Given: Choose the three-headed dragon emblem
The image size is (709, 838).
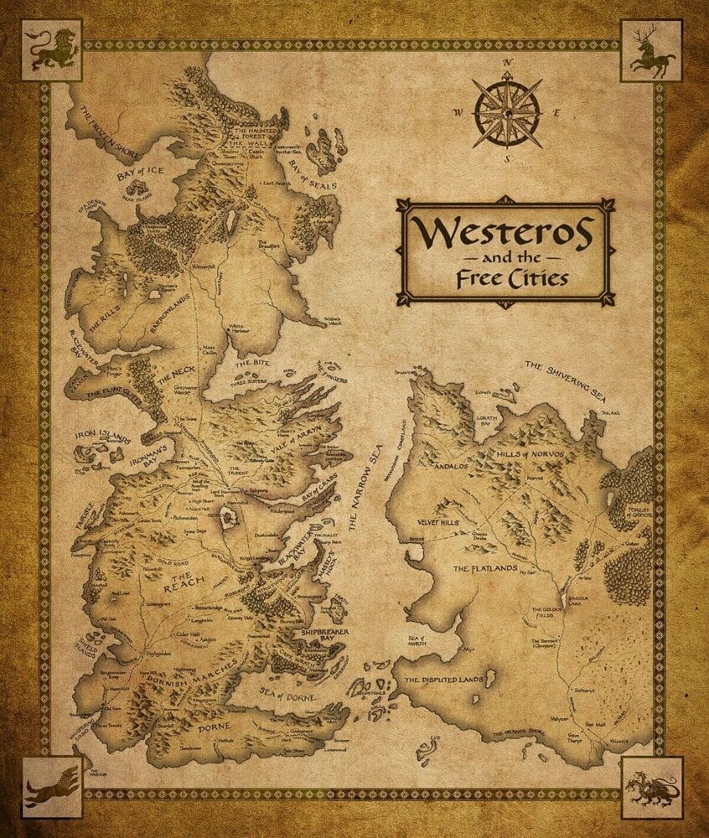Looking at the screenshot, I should (x=651, y=787).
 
